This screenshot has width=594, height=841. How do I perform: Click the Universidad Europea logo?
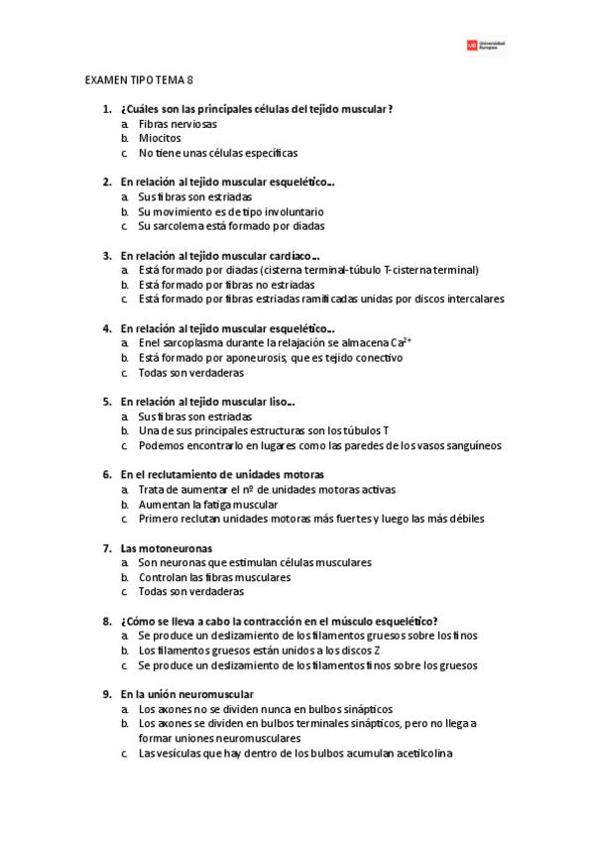point(486,46)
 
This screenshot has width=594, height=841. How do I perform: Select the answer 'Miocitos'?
point(160,139)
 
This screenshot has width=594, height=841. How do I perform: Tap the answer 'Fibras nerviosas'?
point(178,124)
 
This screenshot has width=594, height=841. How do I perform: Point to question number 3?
point(106,255)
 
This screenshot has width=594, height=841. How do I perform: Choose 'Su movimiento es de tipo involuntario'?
point(230,211)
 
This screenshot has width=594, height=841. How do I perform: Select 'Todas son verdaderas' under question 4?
point(190,373)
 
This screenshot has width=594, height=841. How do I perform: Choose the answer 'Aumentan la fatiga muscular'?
point(207,504)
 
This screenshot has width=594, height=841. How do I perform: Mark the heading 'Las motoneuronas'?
point(166,547)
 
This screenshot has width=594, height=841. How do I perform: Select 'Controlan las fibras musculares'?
point(214,577)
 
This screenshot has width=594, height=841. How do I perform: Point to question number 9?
point(106,694)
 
